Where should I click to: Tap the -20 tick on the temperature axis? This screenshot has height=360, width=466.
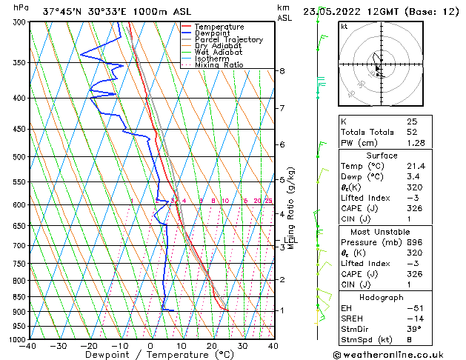coord(88,346)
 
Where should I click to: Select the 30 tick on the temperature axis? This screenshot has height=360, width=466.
coord(242,346)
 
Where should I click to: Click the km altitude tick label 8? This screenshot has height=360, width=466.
coord(282,71)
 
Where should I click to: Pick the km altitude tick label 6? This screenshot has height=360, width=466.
coord(282,144)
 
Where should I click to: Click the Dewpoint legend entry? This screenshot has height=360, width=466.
coord(213,33)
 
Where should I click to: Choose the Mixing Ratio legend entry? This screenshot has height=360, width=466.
coord(219,65)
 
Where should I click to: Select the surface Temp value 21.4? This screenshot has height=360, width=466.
coord(415,167)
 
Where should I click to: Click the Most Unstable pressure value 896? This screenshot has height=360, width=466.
coord(413,242)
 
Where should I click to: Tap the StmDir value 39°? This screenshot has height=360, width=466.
coord(413,329)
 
